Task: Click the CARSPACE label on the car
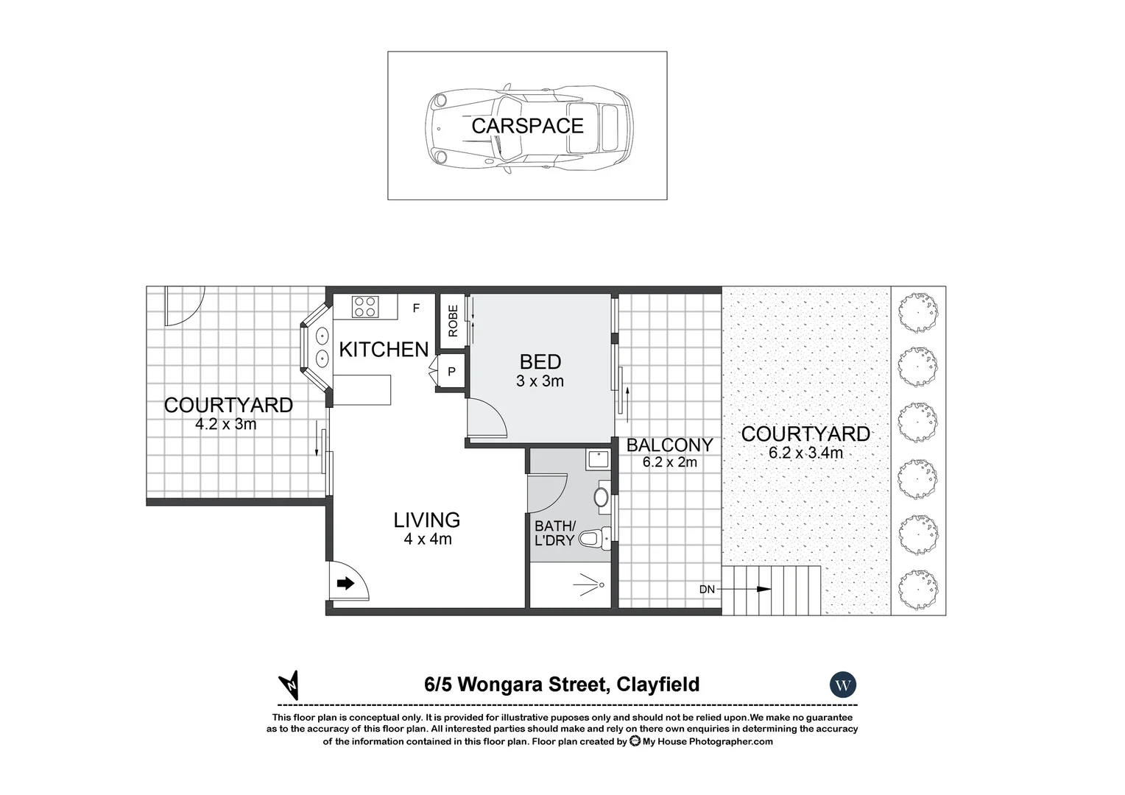[527, 126]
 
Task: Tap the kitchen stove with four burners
[364, 306]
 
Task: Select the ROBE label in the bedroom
[453, 322]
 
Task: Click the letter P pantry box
[451, 372]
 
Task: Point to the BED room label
[540, 362]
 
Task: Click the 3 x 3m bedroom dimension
[540, 381]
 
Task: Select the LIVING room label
[426, 520]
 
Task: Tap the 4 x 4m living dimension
[427, 540]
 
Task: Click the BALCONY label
[669, 445]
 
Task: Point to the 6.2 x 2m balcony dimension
[669, 462]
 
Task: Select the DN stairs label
[707, 590]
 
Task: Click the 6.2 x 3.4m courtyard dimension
[805, 453]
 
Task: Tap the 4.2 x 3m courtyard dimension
[226, 425]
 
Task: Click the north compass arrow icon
[290, 685]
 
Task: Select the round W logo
[843, 685]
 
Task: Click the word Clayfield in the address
[658, 685]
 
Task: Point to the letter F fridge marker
[416, 308]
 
